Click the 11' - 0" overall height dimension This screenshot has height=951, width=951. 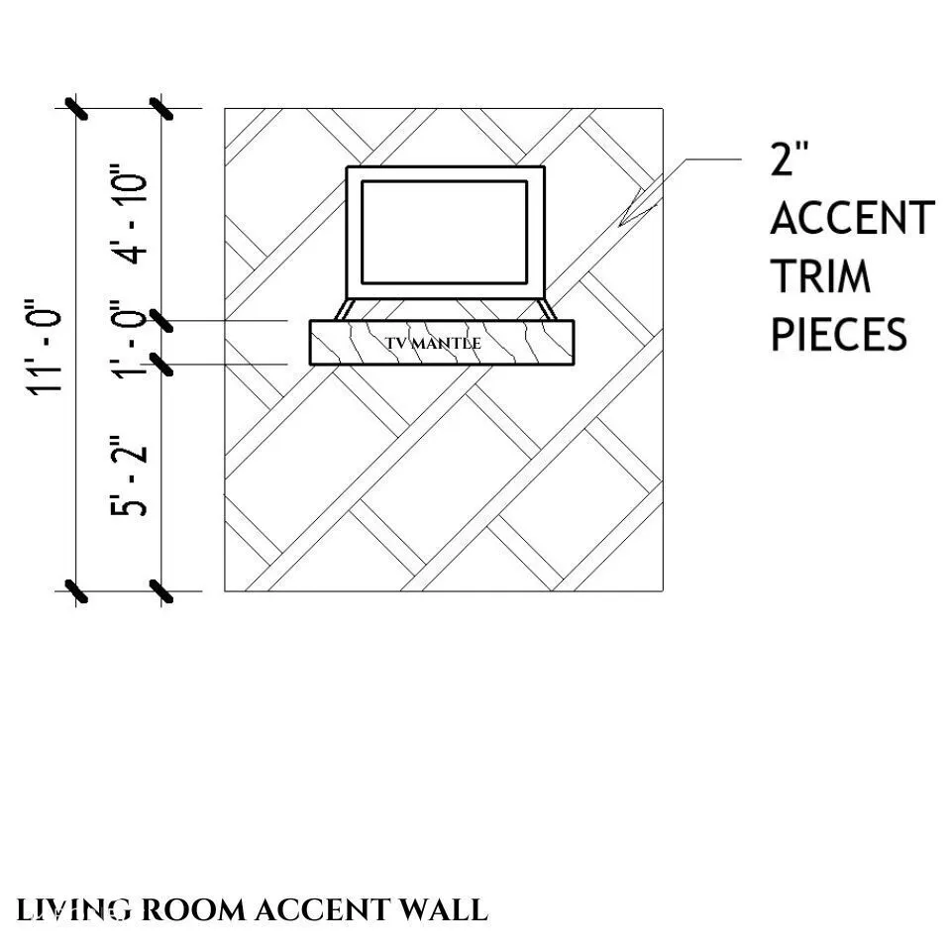point(49,348)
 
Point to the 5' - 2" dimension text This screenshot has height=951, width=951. point(131,476)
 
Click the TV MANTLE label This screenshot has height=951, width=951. point(433,343)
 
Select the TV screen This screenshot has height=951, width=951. point(444,232)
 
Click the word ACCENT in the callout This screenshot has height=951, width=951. point(852,218)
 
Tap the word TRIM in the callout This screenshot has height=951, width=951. point(821,276)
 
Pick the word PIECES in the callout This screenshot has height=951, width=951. point(839,335)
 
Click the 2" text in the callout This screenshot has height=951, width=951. point(791,159)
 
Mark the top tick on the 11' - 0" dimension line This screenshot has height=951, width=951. point(77,107)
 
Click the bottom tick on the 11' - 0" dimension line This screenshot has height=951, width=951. point(77,591)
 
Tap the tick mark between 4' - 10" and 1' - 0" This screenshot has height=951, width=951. point(161,322)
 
